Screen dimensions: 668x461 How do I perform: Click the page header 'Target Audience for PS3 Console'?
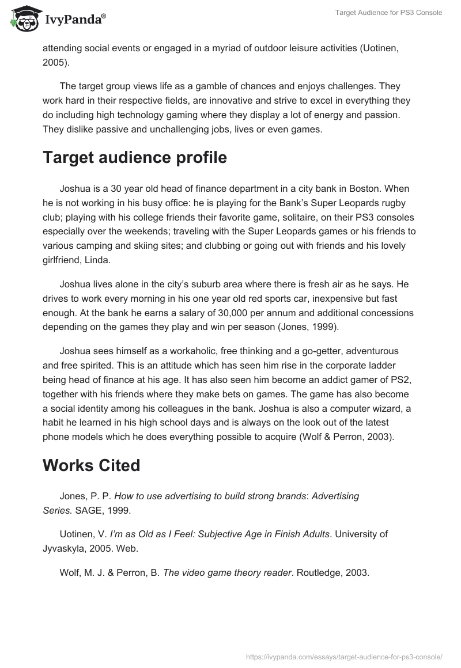coord(388,12)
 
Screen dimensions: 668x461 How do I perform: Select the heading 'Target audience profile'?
coord(134,158)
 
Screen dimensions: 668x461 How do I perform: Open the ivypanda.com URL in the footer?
coord(343,656)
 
